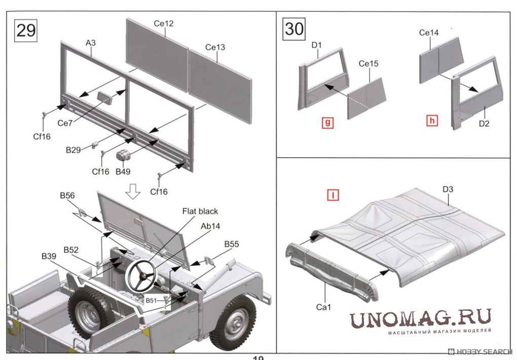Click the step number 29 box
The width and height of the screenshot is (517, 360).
point(26,30)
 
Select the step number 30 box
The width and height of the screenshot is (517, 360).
point(294,28)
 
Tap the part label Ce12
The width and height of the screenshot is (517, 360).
point(163,24)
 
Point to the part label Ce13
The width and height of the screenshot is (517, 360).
point(215,47)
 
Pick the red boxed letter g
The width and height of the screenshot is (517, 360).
point(328,122)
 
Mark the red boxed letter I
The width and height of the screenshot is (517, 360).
point(333,195)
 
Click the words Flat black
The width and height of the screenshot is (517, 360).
point(201,211)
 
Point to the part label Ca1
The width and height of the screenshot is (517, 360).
point(323,307)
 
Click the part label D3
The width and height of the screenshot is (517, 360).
point(448,190)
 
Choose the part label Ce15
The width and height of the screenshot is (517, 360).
point(368,64)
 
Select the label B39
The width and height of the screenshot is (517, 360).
point(49,257)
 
